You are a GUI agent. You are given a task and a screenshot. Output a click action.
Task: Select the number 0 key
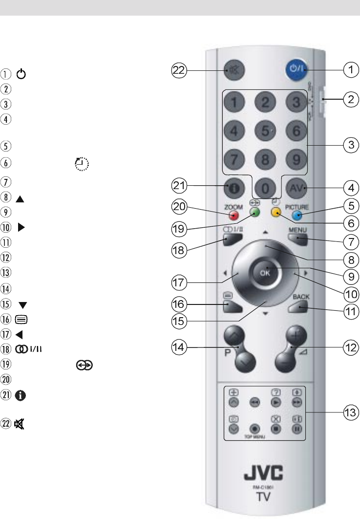tap(264, 186)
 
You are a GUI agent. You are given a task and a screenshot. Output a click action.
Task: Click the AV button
tap(296, 186)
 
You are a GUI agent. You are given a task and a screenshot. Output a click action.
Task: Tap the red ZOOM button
tap(234, 214)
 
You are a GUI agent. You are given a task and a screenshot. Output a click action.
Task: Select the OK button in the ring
tap(264, 273)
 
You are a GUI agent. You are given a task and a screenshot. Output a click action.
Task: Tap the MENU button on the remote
tap(297, 239)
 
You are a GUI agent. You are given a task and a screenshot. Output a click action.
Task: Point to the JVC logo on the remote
tap(264, 473)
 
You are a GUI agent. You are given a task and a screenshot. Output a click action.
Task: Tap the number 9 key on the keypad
tap(296, 158)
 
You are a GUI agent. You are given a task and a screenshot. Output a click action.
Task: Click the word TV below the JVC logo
tap(264, 497)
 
